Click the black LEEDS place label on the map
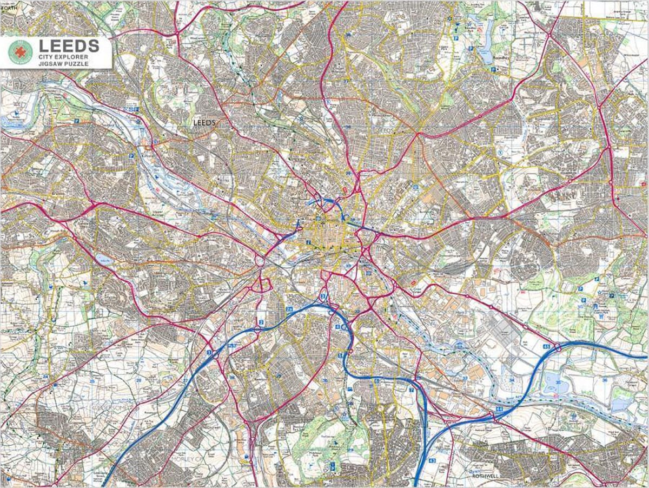click(x=204, y=123)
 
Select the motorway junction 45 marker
click(x=547, y=346)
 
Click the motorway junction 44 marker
click(x=499, y=410)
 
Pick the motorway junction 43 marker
click(x=432, y=460)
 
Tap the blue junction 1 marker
click(x=209, y=352)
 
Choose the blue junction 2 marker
click(x=261, y=323)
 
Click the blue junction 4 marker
click(x=337, y=327)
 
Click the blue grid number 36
click(x=605, y=380)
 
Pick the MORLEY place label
click(x=181, y=459)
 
